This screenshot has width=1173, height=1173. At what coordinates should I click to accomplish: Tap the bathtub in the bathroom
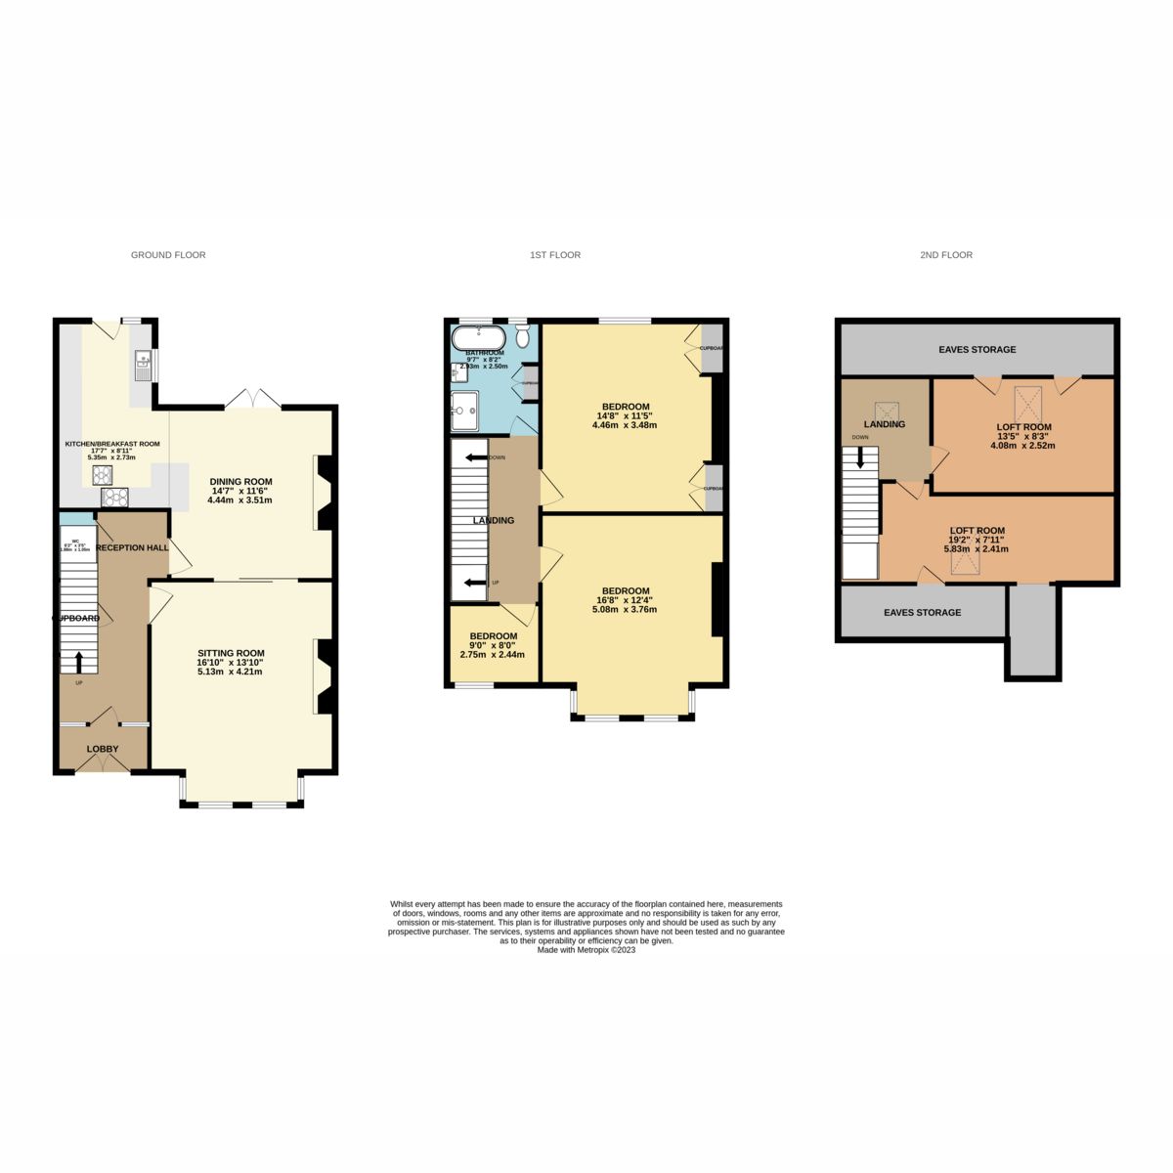(x=478, y=338)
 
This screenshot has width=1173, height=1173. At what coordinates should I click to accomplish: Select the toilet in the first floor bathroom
(x=522, y=337)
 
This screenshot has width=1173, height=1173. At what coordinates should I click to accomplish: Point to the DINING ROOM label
(x=240, y=481)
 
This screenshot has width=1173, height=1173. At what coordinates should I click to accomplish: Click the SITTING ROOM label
(x=231, y=653)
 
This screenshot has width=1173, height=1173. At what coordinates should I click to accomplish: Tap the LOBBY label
(x=103, y=749)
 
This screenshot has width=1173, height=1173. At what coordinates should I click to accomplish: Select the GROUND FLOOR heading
(x=168, y=255)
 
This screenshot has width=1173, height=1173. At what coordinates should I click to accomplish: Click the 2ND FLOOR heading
(x=945, y=255)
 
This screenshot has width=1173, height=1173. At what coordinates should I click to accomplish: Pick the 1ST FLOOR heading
(x=555, y=255)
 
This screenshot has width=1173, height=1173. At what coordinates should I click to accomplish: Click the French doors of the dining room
(x=252, y=399)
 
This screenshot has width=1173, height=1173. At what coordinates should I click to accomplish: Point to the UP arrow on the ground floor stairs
(x=79, y=662)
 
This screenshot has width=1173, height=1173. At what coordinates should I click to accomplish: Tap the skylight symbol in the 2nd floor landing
(x=886, y=409)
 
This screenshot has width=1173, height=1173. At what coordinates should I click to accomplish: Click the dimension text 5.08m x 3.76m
(x=625, y=609)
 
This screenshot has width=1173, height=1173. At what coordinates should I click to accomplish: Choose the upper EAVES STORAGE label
(x=977, y=349)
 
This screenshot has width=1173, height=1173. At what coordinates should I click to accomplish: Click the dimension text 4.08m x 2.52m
(x=1023, y=445)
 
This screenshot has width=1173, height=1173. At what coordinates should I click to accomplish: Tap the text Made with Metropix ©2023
(x=586, y=949)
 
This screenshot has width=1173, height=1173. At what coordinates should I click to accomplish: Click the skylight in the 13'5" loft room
(x=1028, y=402)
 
